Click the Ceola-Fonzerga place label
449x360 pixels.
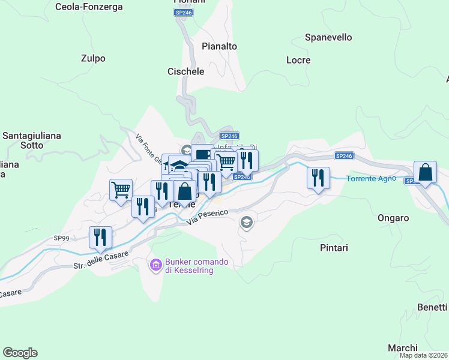(x=89, y=7)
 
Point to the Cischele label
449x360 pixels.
(x=185, y=71)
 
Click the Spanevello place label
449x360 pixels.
(x=328, y=37)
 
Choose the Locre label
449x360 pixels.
(x=298, y=60)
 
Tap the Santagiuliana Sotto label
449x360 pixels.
(x=32, y=140)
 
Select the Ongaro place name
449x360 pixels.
(x=393, y=218)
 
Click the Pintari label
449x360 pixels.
(x=331, y=247)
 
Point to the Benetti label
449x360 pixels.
(x=432, y=307)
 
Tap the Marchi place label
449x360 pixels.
(x=402, y=348)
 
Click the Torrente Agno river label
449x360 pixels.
(x=371, y=178)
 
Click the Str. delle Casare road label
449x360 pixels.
(x=101, y=260)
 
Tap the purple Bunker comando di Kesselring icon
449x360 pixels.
(x=155, y=264)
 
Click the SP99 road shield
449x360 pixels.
(x=61, y=238)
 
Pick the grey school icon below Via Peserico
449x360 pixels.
(x=246, y=223)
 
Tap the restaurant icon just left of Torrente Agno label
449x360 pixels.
(x=318, y=178)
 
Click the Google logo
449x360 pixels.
(x=20, y=353)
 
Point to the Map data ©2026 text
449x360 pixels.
(x=423, y=355)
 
